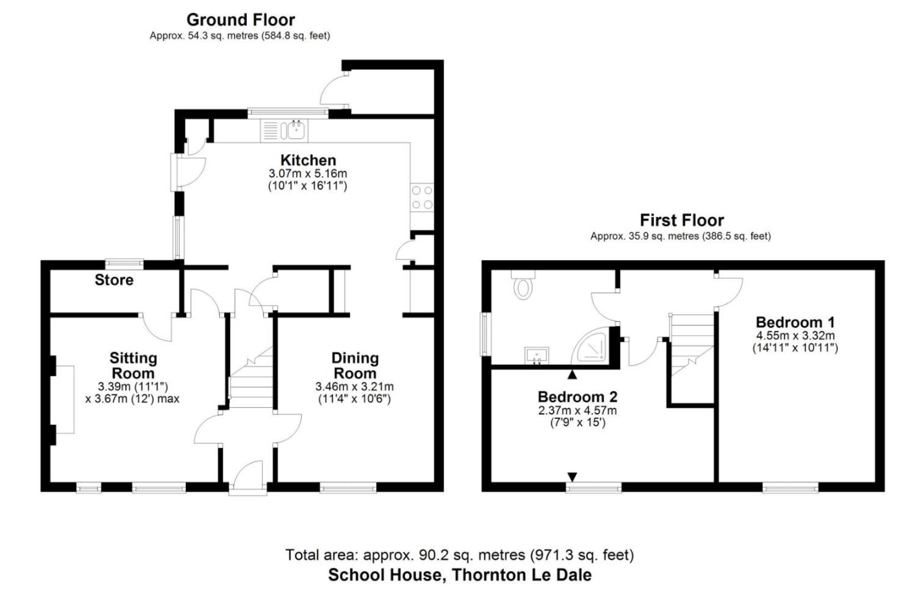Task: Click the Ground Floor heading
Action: [x=240, y=20]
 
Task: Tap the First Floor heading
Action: [x=682, y=220]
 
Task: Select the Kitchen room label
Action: [x=308, y=160]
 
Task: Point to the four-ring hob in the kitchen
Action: [x=422, y=197]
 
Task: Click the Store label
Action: [x=114, y=280]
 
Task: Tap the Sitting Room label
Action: [x=133, y=366]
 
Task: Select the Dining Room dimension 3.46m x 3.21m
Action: [x=354, y=387]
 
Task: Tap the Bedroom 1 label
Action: [x=795, y=322]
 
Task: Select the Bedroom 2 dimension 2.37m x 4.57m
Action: [x=577, y=411]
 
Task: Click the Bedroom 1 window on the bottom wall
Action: [x=790, y=487]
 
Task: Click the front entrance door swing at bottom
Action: [x=248, y=476]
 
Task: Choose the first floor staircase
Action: [x=692, y=343]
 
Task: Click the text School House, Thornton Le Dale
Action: [x=459, y=575]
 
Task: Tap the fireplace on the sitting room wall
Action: [x=64, y=399]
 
